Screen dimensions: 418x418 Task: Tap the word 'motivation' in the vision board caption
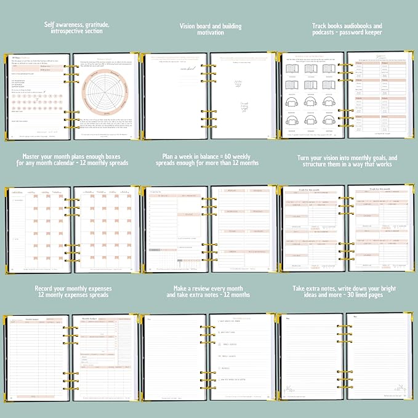[x=210, y=34]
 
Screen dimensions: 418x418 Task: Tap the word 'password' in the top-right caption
[x=349, y=34]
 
